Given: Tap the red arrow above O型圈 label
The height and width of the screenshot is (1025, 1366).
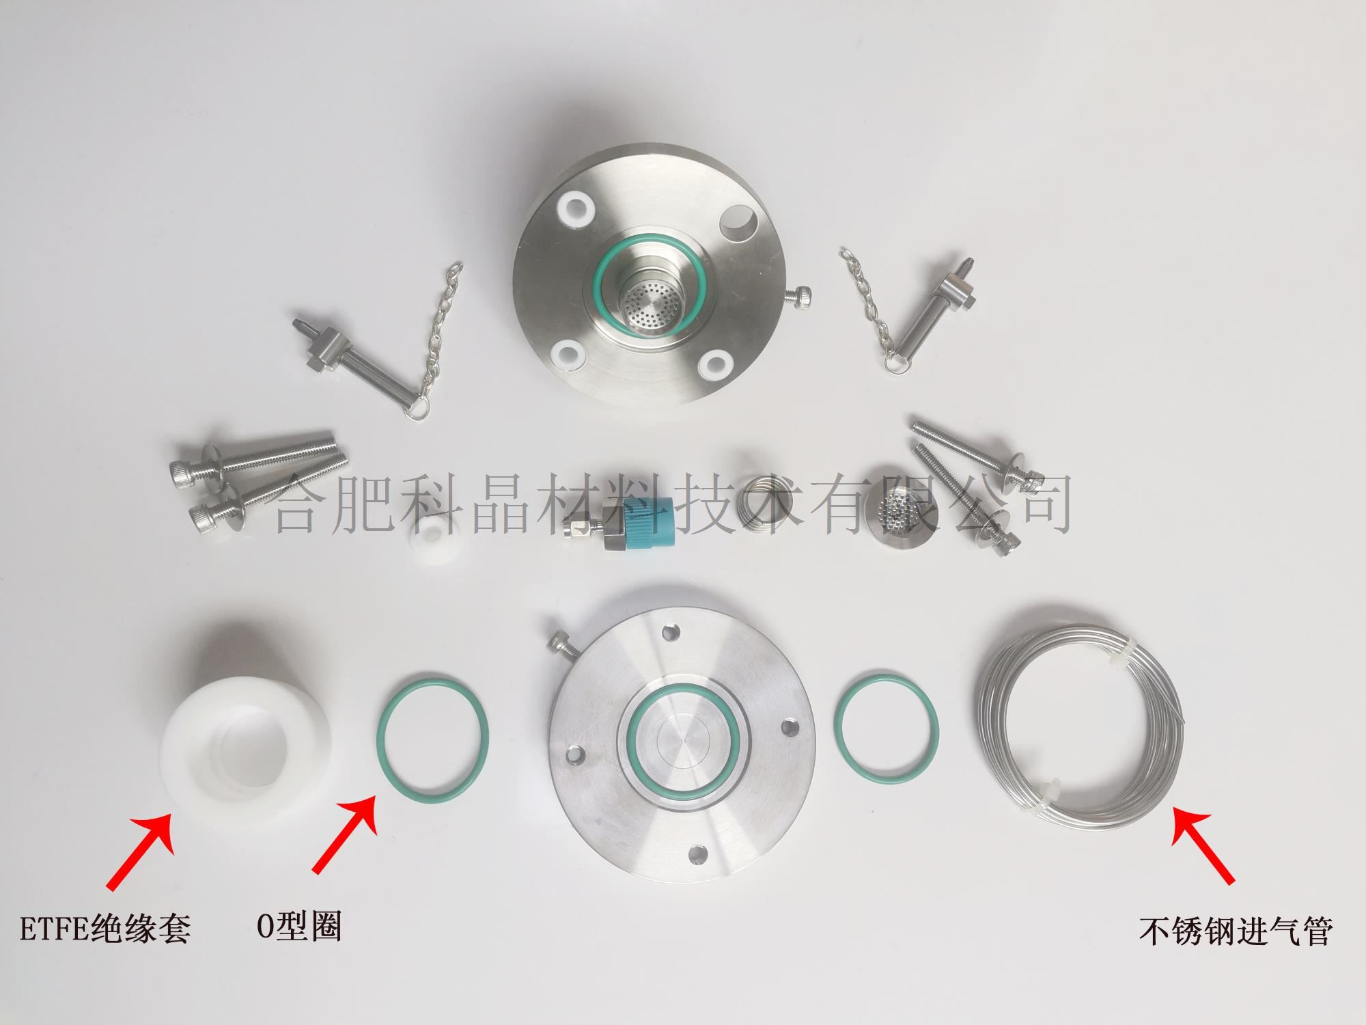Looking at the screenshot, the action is [x=344, y=833].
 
